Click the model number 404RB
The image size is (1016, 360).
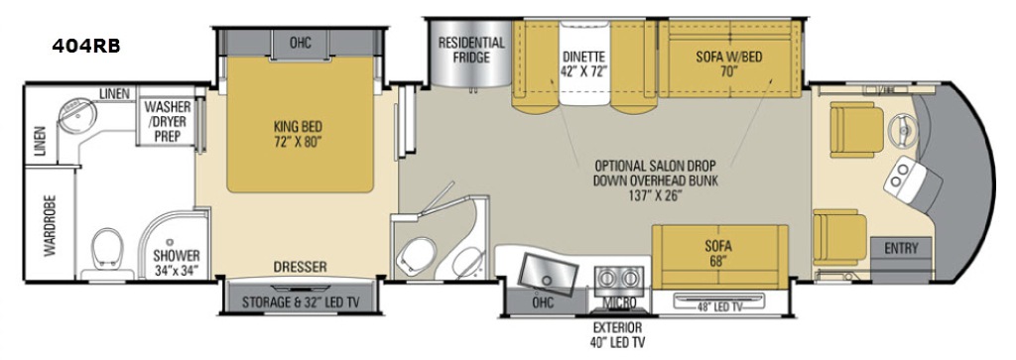(86, 47)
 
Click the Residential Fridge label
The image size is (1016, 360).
(471, 50)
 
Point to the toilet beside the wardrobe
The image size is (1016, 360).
(106, 249)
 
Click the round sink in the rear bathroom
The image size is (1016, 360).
(77, 117)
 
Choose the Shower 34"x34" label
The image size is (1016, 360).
(177, 262)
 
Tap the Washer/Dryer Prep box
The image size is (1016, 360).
(167, 122)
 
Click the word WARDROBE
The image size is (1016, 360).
(50, 225)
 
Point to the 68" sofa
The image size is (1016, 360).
(719, 257)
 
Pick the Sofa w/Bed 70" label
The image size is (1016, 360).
(729, 63)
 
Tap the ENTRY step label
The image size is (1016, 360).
(901, 247)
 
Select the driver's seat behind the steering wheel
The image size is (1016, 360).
(856, 130)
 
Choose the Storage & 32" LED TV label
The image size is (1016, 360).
(300, 301)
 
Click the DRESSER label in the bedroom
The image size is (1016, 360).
(300, 266)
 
